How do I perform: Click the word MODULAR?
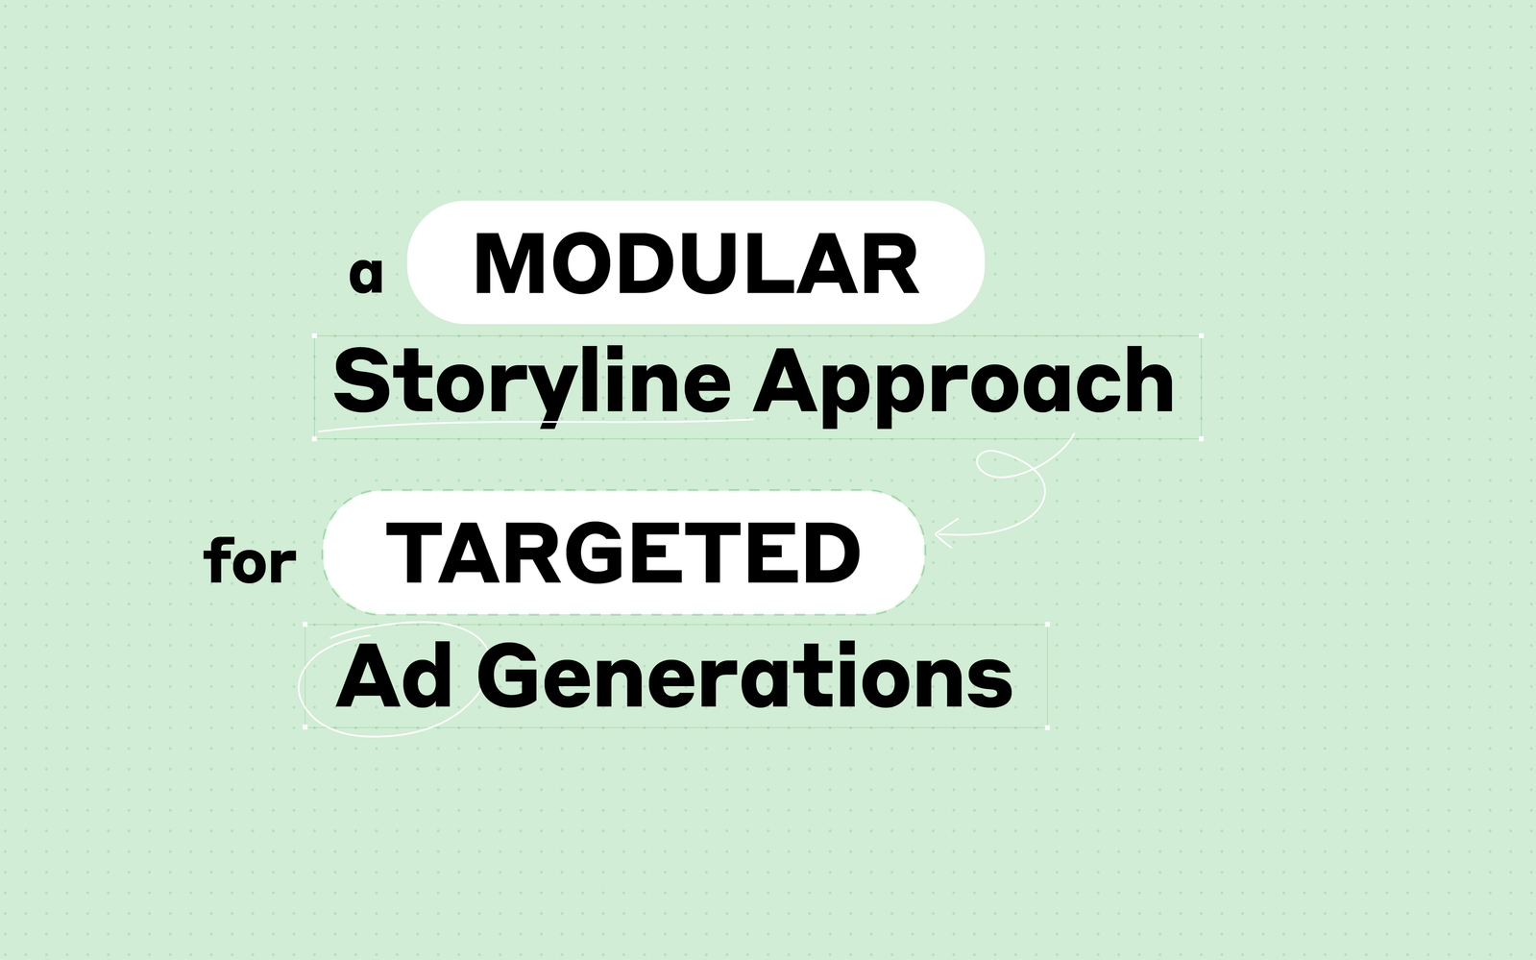[696, 263]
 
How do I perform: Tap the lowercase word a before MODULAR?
[365, 275]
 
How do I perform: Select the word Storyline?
[531, 385]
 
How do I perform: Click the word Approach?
[963, 385]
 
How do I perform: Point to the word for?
[250, 559]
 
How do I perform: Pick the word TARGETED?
[623, 554]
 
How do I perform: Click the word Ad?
[394, 676]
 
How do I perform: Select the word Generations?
[745, 676]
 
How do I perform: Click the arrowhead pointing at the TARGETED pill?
[943, 533]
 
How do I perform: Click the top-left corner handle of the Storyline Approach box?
[315, 335]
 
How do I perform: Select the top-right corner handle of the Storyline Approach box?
[1201, 335]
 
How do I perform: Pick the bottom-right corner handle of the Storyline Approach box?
[1201, 438]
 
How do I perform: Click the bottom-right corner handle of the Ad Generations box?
[1047, 727]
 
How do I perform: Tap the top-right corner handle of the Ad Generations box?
[1047, 625]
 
